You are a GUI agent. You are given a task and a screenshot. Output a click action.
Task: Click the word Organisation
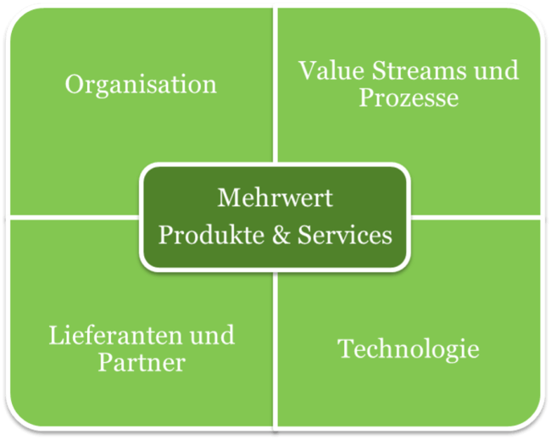pyautogui.click(x=141, y=85)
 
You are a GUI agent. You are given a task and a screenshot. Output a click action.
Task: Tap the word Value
pyautogui.click(x=326, y=70)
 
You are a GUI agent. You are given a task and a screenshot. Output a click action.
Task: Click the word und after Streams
pyautogui.click(x=496, y=70)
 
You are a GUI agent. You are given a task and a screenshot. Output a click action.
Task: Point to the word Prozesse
pyautogui.click(x=409, y=98)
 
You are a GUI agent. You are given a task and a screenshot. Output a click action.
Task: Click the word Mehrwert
pyautogui.click(x=275, y=199)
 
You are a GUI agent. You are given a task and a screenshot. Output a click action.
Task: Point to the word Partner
pyautogui.click(x=141, y=364)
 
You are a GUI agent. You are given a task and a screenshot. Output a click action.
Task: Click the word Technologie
pyautogui.click(x=409, y=348)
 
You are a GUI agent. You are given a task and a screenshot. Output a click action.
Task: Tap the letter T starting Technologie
pyautogui.click(x=345, y=348)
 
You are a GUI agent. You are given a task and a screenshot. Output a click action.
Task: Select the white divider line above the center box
pyautogui.click(x=276, y=85)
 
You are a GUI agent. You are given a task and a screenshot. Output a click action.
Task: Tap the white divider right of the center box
pyautogui.click(x=475, y=216)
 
